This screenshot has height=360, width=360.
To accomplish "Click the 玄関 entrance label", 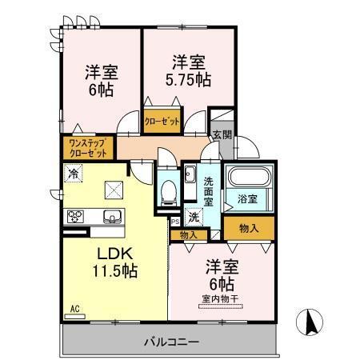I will pyautogui.click(x=220, y=134).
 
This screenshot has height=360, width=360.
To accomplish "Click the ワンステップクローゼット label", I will pyautogui.click(x=86, y=148).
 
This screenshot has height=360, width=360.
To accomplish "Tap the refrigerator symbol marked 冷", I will pyautogui.click(x=74, y=173).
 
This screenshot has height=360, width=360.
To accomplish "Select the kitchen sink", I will pyautogui.click(x=110, y=214).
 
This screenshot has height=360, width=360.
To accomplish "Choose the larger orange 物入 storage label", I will pyautogui.click(x=248, y=228).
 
